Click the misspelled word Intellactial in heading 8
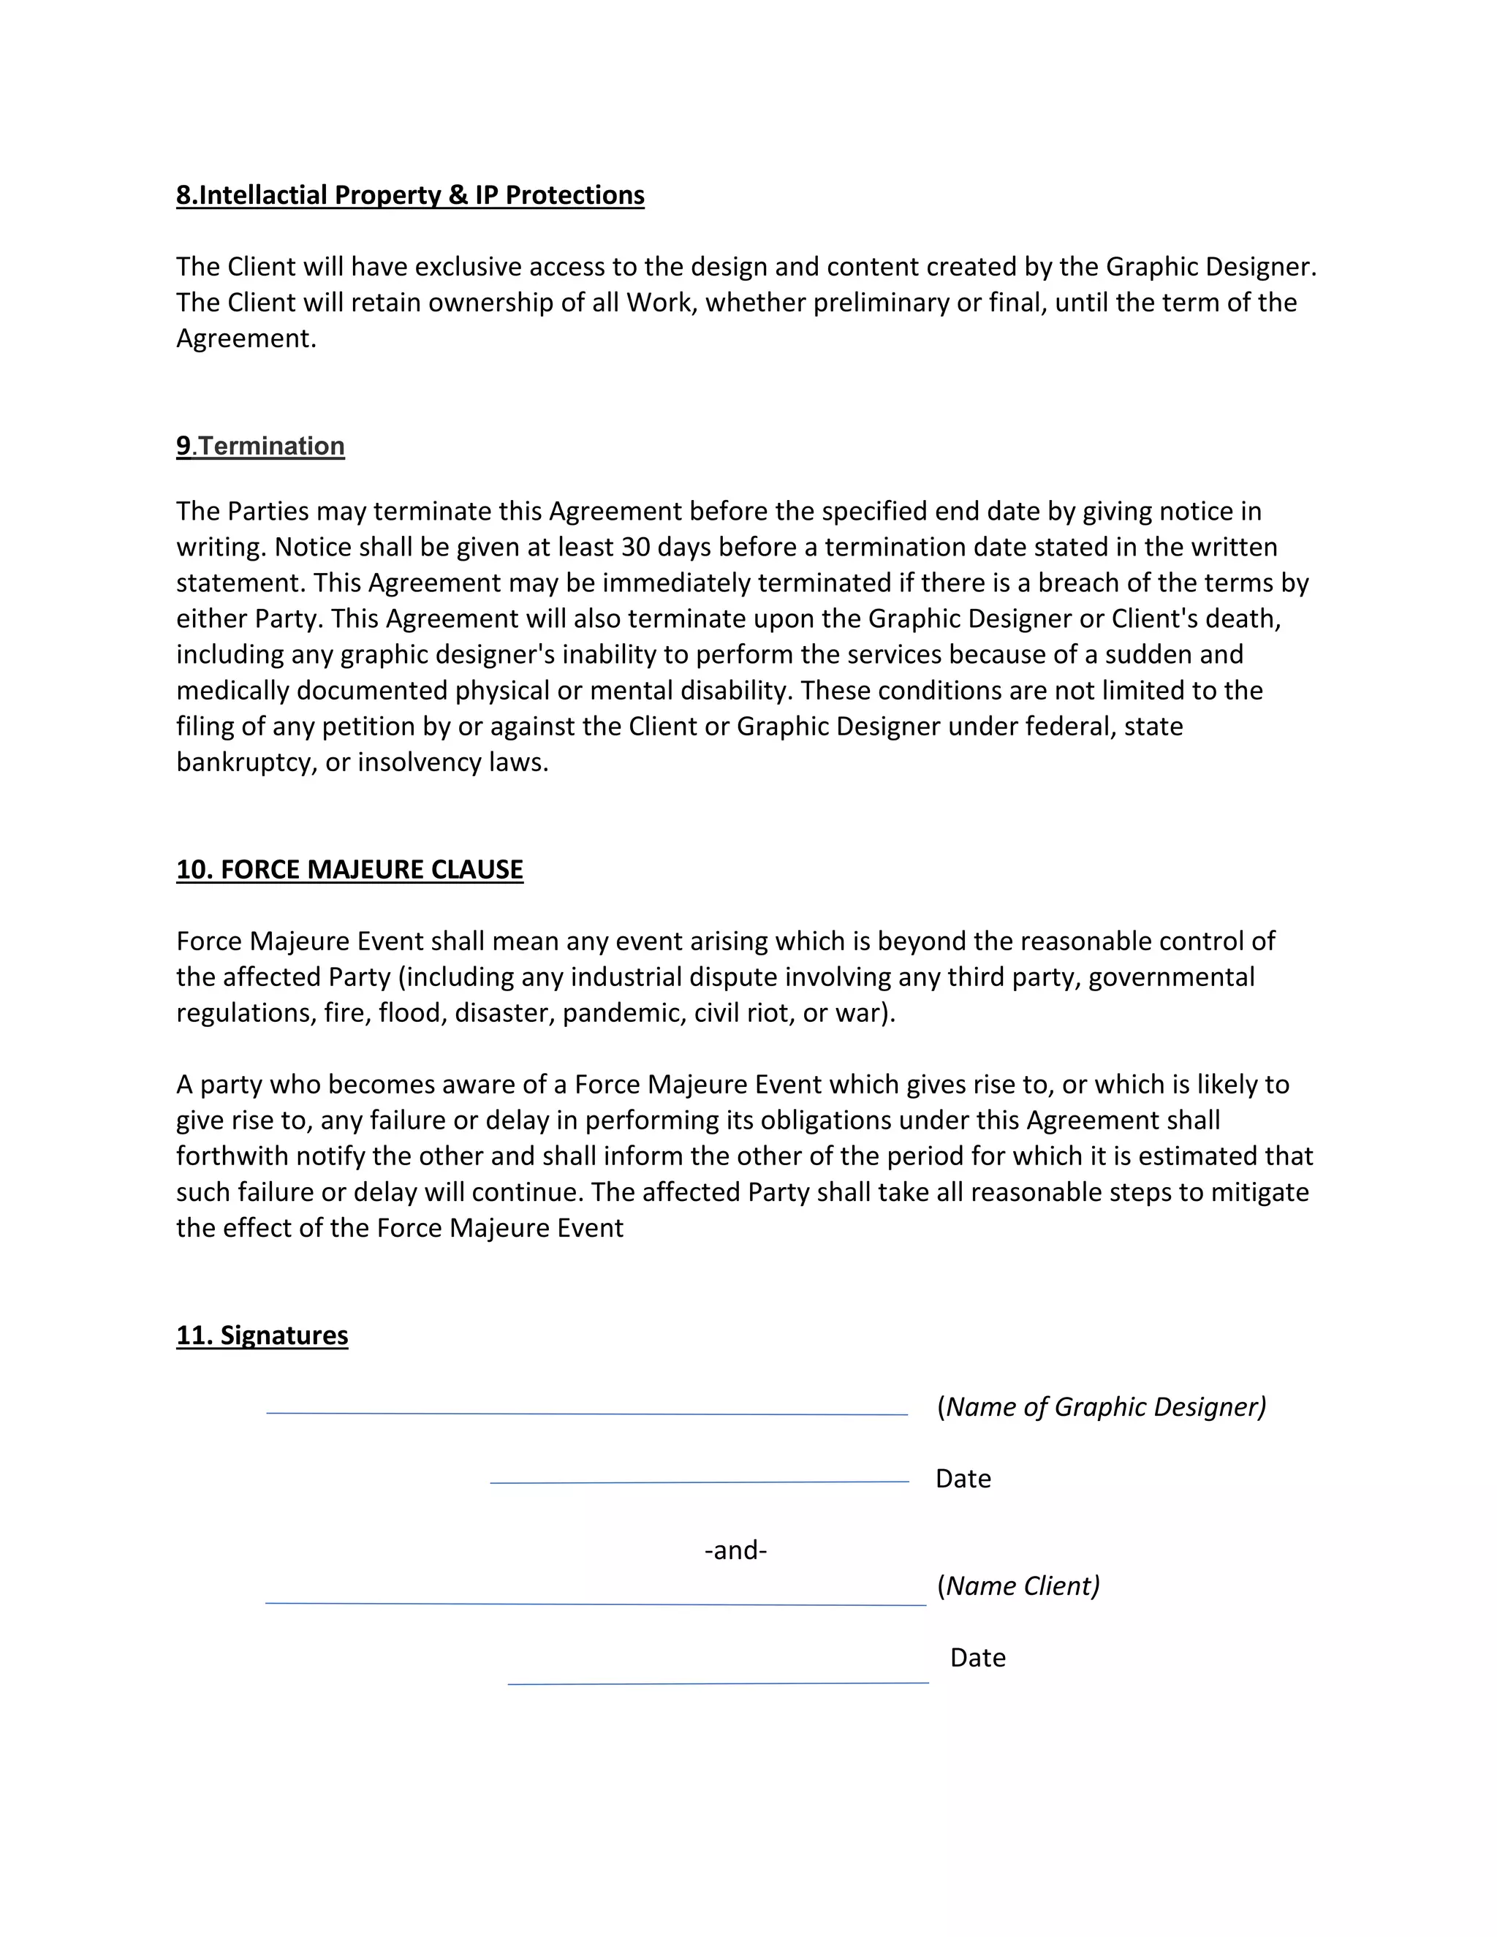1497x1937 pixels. (262, 195)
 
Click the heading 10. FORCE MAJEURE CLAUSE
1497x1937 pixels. (349, 869)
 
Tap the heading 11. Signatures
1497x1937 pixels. (262, 1335)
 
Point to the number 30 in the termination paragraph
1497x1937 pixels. (636, 547)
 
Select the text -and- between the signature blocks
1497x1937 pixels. (735, 1550)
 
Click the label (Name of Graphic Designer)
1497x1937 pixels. (1102, 1406)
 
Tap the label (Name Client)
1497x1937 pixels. (1018, 1586)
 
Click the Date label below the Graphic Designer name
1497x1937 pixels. (963, 1479)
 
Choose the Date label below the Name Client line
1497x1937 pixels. (977, 1658)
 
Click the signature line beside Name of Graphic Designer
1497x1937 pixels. (586, 1414)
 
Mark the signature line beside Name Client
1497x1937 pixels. (595, 1604)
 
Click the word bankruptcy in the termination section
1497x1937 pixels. (246, 762)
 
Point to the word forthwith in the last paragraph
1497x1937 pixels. (232, 1156)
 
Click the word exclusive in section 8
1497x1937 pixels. (469, 267)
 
